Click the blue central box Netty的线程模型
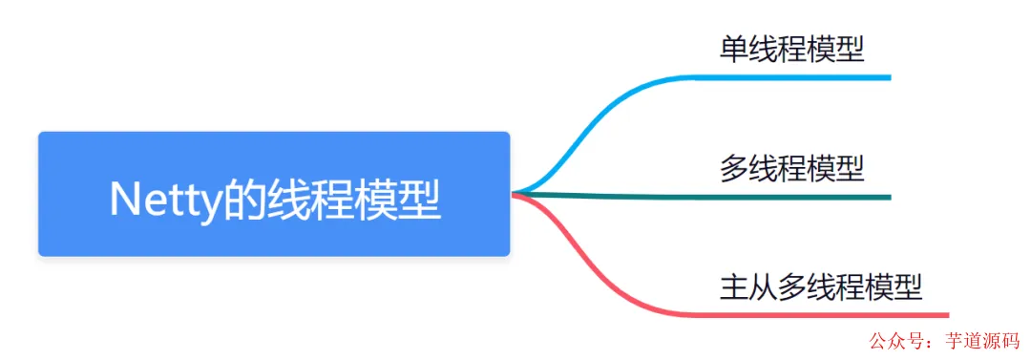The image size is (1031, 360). [274, 194]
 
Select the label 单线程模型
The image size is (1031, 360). [791, 49]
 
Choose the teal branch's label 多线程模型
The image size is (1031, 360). [791, 169]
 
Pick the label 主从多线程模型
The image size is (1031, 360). [821, 286]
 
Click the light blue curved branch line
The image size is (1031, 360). [611, 115]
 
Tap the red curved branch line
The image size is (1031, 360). [611, 277]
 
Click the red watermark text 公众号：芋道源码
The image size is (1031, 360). [943, 342]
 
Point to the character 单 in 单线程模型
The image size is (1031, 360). [734, 49]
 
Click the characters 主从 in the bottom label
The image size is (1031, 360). [748, 286]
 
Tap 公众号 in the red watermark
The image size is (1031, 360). [889, 342]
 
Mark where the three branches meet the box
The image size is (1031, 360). [515, 194]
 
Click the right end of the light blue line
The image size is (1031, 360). [888, 77]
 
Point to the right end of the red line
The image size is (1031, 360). [946, 314]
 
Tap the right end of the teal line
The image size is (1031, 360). [888, 197]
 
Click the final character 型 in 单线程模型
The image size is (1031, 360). [850, 49]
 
